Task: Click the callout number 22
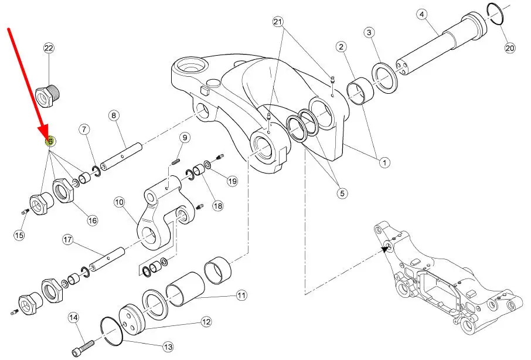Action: pos(49,48)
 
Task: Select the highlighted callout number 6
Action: pos(50,141)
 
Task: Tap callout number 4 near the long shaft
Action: pos(421,15)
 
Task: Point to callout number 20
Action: pos(510,47)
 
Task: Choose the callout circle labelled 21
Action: pos(278,22)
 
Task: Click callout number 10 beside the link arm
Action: pos(119,202)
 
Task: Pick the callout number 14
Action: pos(73,318)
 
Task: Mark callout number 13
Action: pos(168,347)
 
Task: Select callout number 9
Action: pos(185,138)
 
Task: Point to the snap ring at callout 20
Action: pos(495,14)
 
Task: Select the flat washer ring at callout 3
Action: pos(384,78)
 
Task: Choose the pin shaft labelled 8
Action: pos(121,157)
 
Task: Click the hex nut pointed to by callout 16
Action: pos(63,191)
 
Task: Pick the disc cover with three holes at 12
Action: pos(132,320)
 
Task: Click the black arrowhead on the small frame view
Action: pos(385,249)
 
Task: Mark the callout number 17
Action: pos(68,240)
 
